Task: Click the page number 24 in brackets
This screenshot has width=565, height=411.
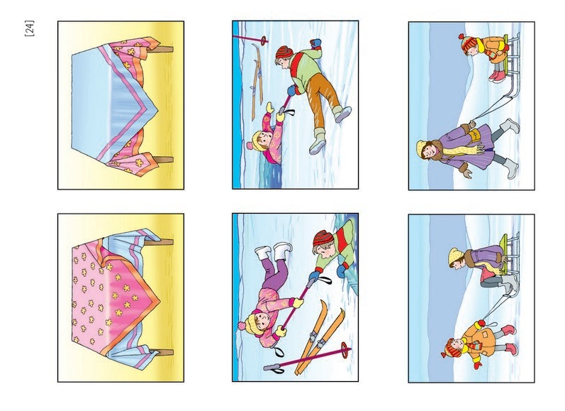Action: [x=30, y=28]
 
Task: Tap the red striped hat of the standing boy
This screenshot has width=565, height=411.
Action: [x=284, y=53]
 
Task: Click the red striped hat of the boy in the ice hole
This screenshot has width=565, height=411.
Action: [x=323, y=239]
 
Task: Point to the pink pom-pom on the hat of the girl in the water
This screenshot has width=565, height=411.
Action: [x=250, y=146]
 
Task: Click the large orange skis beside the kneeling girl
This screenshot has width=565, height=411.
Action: [x=319, y=337]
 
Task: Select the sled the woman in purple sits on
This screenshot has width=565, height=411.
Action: [x=509, y=256]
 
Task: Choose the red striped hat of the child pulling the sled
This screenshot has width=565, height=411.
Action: [x=449, y=349]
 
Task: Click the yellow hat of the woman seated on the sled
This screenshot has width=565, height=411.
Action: [x=454, y=256]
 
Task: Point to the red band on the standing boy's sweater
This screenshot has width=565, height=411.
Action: [x=298, y=66]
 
